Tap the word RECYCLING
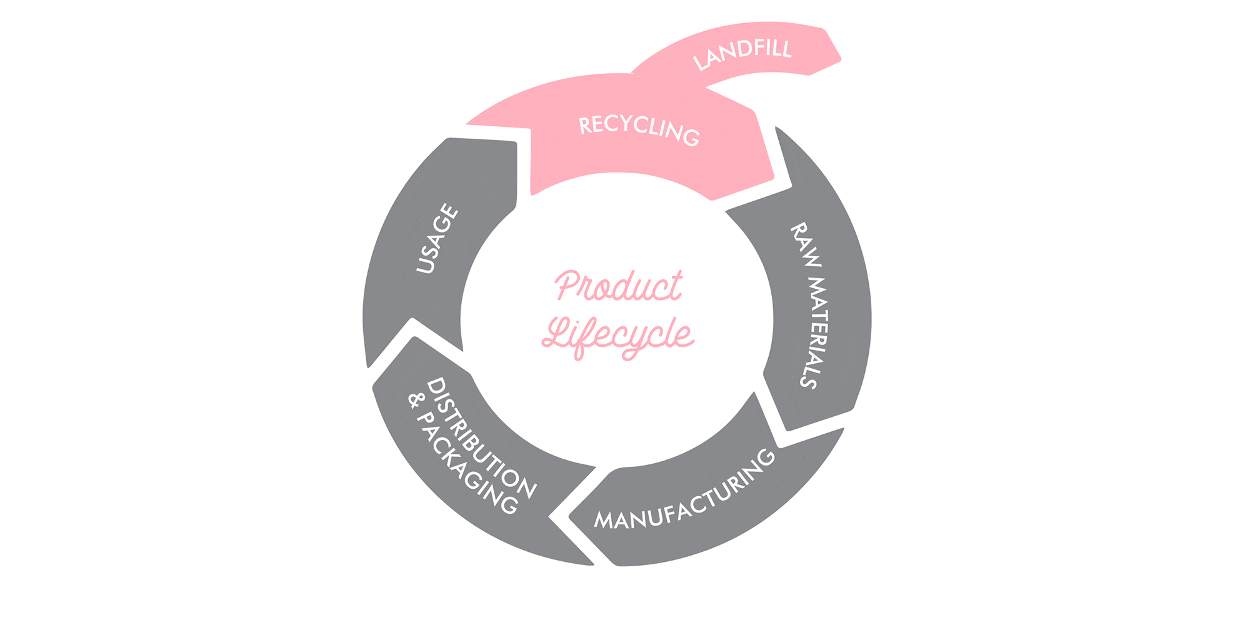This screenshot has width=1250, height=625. click(x=639, y=130)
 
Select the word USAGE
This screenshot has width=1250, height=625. click(x=438, y=238)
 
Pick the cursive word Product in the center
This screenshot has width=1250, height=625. click(x=619, y=287)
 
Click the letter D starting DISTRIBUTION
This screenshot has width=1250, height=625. click(x=436, y=386)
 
